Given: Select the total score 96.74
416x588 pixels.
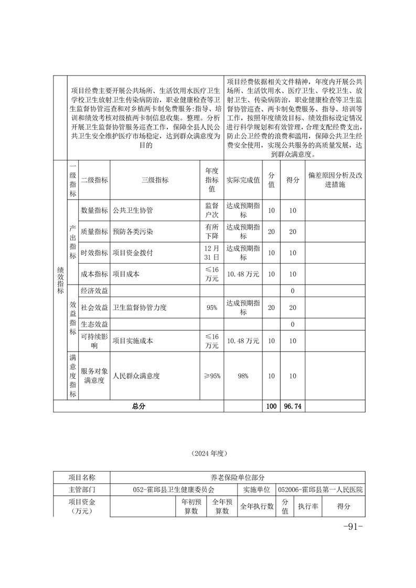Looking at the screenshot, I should click(293, 406).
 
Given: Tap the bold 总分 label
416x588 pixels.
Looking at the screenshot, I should click(138, 406).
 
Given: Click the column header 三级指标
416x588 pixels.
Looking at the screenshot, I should click(155, 180).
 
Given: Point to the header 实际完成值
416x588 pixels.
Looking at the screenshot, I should click(243, 180).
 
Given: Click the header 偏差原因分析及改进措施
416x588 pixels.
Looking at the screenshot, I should click(335, 180).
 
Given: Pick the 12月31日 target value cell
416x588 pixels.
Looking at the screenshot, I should click(212, 253).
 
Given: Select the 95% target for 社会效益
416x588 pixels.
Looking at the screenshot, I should click(212, 308).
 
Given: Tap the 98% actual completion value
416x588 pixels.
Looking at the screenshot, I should click(243, 376).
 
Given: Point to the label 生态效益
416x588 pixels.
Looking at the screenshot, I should click(94, 324).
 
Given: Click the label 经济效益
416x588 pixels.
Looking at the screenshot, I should click(94, 291).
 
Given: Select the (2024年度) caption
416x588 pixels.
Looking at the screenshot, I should click(208, 452).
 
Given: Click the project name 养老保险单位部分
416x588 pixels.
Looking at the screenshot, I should click(238, 477).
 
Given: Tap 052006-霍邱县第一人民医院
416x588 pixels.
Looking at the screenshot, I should click(321, 489).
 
